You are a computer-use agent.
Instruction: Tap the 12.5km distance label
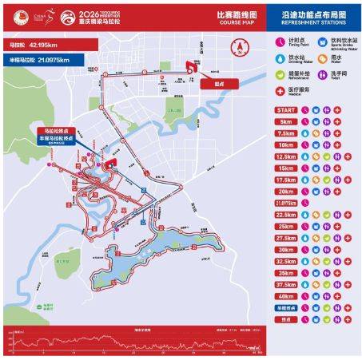coord(284,157)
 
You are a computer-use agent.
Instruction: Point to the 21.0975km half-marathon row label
coord(284,203)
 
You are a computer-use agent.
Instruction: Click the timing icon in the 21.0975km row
coord(306,203)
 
